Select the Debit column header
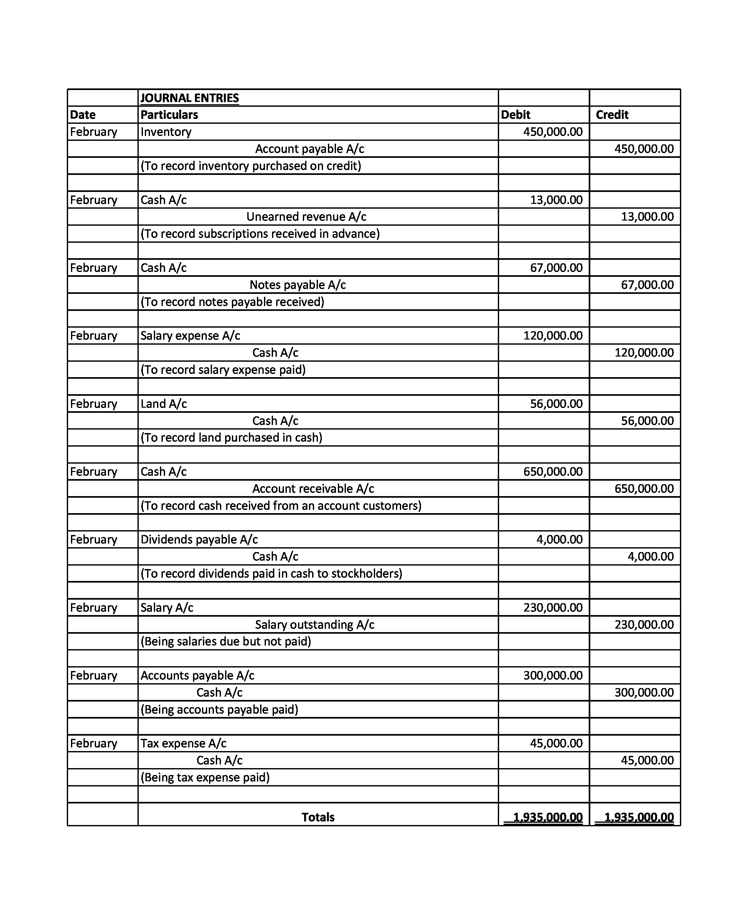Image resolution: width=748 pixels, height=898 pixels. [515, 114]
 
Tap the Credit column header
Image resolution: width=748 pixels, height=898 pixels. [612, 114]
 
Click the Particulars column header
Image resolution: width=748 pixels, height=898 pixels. [169, 114]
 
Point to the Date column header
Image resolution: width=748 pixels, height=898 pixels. [83, 114]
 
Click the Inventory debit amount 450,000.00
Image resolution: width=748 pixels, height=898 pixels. [553, 132]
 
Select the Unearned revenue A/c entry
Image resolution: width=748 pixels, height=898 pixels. [306, 217]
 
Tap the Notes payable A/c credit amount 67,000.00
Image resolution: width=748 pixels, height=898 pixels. [647, 285]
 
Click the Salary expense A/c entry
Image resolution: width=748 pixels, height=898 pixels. [190, 336]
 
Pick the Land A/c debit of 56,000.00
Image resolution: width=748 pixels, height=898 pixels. [556, 404]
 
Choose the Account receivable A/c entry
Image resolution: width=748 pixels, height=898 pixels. [313, 488]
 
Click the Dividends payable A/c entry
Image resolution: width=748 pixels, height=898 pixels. [199, 539]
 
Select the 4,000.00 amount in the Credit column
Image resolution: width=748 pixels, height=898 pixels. [650, 556]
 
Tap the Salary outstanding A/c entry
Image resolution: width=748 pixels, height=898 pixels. [314, 624]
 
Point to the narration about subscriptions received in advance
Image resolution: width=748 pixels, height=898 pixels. [260, 234]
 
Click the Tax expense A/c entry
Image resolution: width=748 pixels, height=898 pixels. [183, 743]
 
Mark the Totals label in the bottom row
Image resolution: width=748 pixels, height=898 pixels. [318, 817]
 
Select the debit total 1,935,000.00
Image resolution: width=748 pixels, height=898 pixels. [547, 817]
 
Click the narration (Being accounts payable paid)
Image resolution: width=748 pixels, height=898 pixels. [219, 709]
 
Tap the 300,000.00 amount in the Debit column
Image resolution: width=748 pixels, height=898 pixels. [553, 675]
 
